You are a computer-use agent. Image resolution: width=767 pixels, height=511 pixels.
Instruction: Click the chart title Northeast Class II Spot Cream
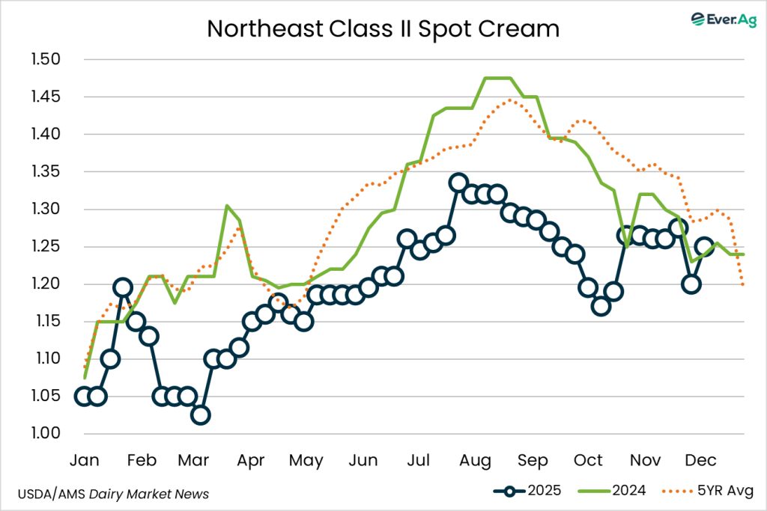point(383,28)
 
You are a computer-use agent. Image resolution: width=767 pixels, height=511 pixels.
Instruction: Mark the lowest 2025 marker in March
point(200,415)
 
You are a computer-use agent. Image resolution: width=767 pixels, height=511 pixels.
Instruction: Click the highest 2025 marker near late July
point(458,183)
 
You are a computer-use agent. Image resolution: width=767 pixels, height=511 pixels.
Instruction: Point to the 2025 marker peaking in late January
point(123,287)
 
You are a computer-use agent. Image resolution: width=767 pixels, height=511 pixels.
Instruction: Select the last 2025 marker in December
point(704,247)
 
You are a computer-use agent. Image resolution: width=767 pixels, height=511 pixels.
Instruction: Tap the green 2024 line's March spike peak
point(226,206)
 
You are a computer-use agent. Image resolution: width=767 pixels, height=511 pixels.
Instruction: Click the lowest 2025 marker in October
point(601,306)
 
